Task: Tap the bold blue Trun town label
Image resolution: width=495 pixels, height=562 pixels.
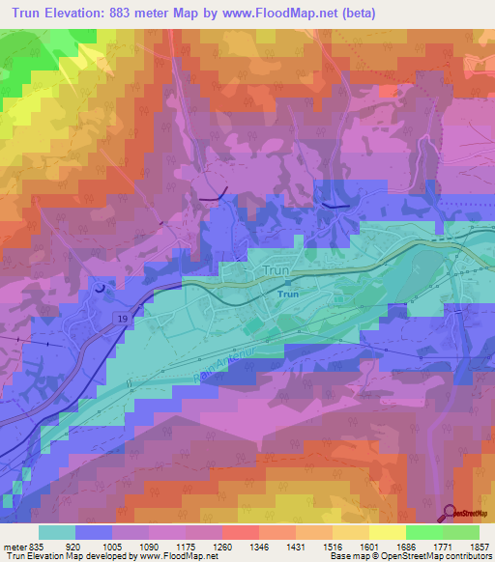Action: click(287, 295)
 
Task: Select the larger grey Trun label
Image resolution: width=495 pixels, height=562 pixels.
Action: click(268, 272)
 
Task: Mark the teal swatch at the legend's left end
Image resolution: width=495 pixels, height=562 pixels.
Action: click(57, 532)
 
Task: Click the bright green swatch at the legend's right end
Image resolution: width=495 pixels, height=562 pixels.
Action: click(461, 532)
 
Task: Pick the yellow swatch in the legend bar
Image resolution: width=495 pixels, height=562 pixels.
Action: click(388, 532)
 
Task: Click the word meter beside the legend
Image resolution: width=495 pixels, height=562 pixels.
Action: click(12, 546)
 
